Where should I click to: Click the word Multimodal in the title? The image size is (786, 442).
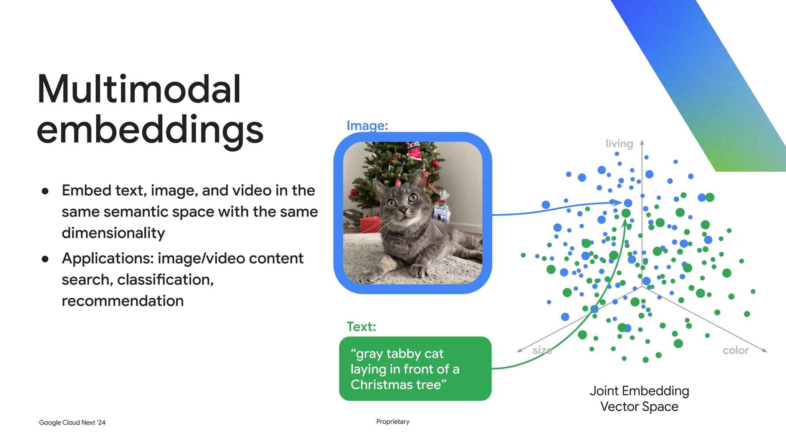[139, 89]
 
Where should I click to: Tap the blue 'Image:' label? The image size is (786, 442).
[367, 125]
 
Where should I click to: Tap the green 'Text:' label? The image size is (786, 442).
[361, 327]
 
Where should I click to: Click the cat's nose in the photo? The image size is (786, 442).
[403, 210]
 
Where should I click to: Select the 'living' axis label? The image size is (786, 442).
[619, 143]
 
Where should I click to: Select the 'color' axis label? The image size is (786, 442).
[735, 350]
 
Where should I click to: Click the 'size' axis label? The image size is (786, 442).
[542, 350]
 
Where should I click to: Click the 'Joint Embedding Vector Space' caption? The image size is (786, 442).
[639, 398]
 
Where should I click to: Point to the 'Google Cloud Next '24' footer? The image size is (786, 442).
[72, 422]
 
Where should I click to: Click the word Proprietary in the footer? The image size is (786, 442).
[393, 421]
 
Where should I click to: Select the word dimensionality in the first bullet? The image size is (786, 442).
[113, 233]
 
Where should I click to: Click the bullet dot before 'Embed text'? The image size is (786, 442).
[45, 191]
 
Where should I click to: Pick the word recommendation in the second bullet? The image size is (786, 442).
[122, 301]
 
